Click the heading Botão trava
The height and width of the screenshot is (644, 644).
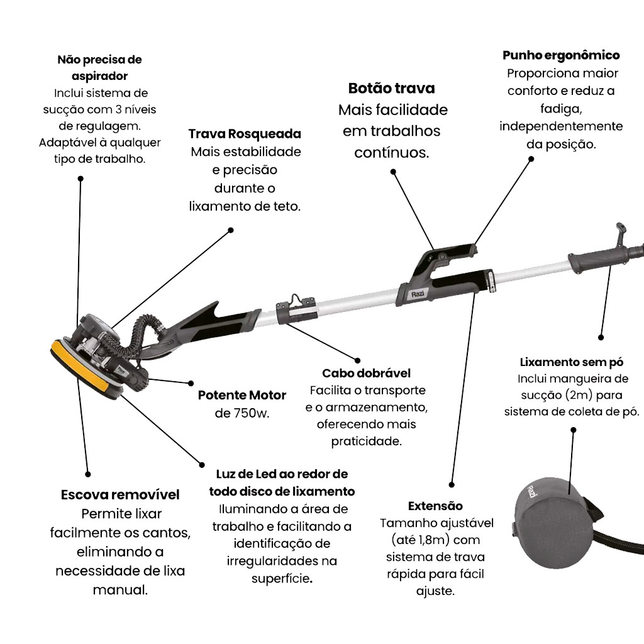point(392,88)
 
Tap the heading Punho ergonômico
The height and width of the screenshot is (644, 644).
point(561,55)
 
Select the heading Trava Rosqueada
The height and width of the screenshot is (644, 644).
point(245,134)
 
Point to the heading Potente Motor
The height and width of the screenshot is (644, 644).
point(242,396)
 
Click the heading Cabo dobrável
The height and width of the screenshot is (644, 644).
point(366,373)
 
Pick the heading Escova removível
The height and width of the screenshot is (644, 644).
point(120,495)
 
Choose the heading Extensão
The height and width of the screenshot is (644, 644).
point(435,506)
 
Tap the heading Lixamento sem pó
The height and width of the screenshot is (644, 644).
point(572,362)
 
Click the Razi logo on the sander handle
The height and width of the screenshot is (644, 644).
point(419,294)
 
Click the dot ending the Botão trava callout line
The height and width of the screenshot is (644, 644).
point(393,171)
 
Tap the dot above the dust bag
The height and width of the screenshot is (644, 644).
point(573,430)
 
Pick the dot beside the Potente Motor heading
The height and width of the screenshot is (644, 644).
point(191,382)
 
